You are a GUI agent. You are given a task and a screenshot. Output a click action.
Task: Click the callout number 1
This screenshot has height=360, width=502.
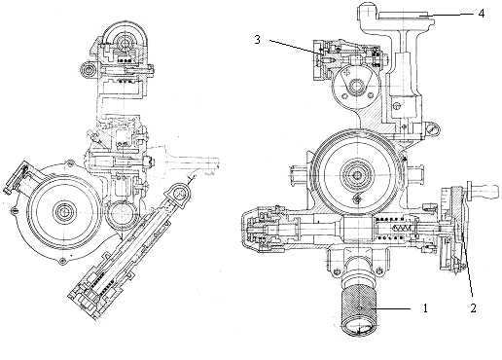tap(425, 308)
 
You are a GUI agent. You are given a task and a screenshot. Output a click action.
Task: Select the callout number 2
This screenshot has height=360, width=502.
tap(473, 308)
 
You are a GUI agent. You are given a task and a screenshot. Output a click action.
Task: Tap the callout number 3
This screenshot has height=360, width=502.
tap(257, 40)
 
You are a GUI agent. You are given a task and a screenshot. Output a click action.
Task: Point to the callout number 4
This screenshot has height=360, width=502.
tap(482, 14)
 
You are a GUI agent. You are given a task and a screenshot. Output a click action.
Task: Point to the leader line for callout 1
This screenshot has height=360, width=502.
tap(391, 308)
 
